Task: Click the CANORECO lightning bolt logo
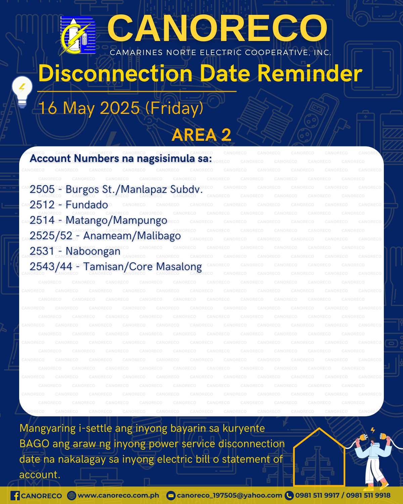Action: pos(78,36)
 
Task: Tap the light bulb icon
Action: pos(22,92)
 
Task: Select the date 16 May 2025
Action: pos(89,108)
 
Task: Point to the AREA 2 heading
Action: pos(201,135)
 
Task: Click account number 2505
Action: pos(42,189)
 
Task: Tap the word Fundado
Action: pos(87,205)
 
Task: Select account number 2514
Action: pos(42,220)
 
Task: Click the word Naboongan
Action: pos(93,251)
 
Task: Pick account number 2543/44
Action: pos(51,266)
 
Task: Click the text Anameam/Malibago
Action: pos(132,236)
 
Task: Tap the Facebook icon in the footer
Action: pos(15,496)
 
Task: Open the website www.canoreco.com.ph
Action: pos(118,495)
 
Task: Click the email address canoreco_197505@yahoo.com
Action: pos(229,495)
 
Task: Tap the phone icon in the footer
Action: pos(289,496)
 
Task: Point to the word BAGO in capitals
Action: pos(34,444)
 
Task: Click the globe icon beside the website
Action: pos(72,496)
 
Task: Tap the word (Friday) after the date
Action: pos(174,108)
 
